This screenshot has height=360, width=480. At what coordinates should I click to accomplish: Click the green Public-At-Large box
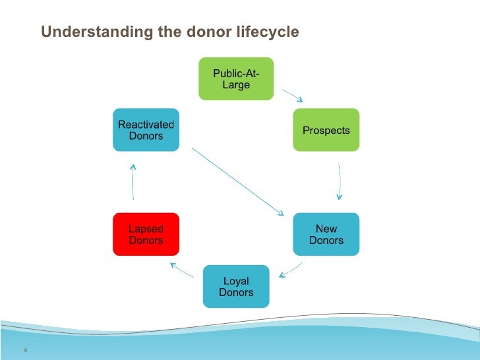point(236,78)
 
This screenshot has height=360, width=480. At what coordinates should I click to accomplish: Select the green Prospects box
point(326,130)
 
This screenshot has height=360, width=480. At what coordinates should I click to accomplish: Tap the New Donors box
point(326,234)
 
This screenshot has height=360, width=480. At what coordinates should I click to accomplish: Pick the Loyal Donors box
point(235,286)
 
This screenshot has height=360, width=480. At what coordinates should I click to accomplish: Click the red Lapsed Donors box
point(146,234)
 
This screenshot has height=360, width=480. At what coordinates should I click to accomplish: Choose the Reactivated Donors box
point(146,130)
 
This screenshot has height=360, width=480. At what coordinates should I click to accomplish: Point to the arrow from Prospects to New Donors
point(340,181)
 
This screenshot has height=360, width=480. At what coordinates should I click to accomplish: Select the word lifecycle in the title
point(266,32)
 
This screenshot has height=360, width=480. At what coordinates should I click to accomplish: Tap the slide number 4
point(24,349)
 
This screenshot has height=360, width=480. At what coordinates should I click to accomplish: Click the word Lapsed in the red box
point(146,229)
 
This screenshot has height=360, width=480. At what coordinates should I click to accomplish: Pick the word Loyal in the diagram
point(235,282)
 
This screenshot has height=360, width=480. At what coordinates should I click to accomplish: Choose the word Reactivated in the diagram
point(146,125)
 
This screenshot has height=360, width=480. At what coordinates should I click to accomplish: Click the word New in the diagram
point(326,229)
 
